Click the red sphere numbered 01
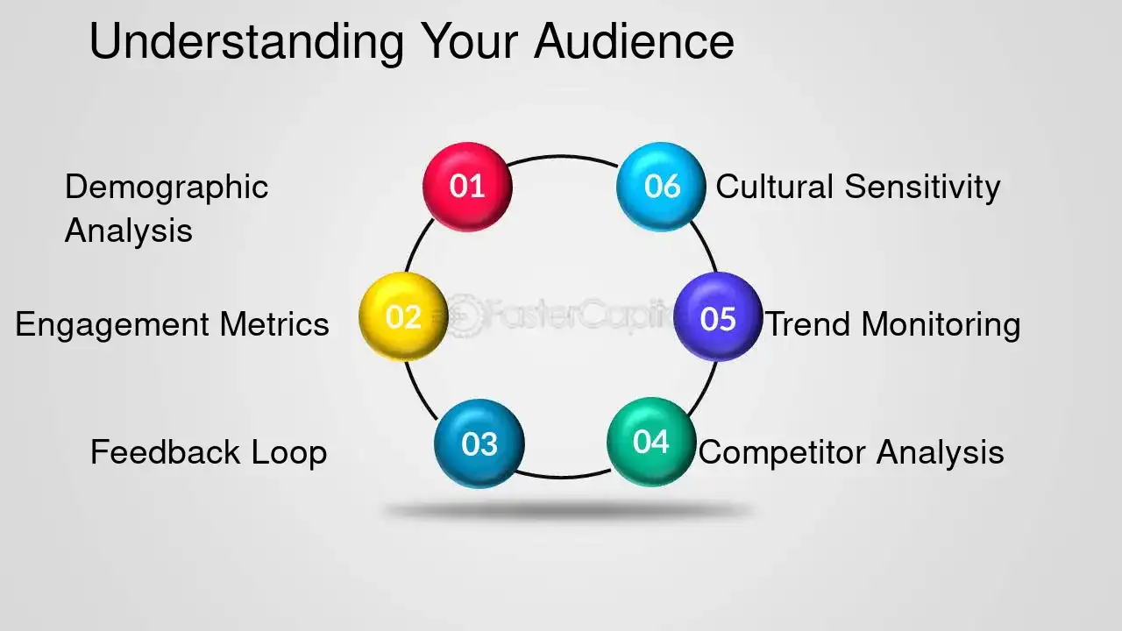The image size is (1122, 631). pos(467,187)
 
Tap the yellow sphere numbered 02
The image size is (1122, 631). pos(403,316)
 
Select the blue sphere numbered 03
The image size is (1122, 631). pos(479,443)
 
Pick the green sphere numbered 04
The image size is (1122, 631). pos(650,442)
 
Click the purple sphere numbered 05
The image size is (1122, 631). pos(718,317)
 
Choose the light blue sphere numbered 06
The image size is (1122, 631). pos(661,186)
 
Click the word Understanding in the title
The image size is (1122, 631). pos(246,42)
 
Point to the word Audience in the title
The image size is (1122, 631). pos(634,41)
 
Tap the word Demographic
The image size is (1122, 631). pos(167,187)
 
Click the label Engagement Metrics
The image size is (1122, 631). pos(172,324)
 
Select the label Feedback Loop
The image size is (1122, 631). pos(209,452)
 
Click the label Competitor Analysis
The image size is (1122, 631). pos(850,452)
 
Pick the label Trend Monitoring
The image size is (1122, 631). pos(893,324)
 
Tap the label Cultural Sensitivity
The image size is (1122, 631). pos(857,187)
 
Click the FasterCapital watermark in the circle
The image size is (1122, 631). pos(561,314)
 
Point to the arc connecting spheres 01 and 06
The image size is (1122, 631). pos(563,157)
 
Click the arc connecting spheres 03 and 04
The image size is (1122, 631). pos(564,477)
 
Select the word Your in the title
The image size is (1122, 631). pos(469,41)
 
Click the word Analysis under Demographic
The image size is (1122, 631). pos(128,230)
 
